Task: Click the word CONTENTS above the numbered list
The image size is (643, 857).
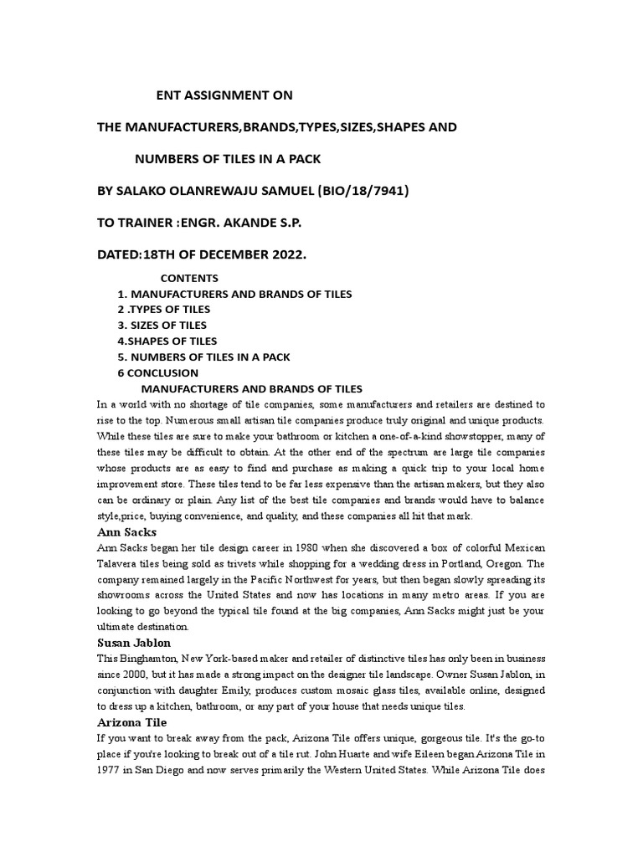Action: [189, 278]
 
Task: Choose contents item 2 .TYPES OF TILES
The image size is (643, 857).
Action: [164, 310]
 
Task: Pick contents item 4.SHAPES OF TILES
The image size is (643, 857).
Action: [167, 341]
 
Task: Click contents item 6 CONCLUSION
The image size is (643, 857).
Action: [158, 373]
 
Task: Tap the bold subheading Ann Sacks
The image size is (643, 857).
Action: [127, 532]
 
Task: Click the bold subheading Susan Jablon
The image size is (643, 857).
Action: [135, 643]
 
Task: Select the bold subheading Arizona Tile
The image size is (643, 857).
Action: [132, 722]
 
